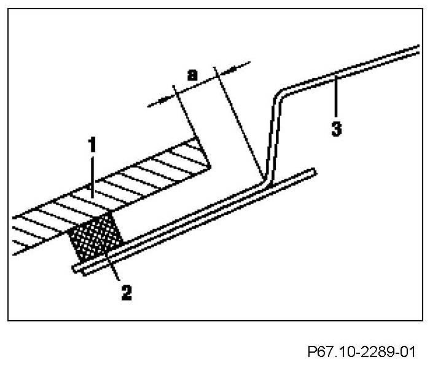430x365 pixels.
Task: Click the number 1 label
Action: click(92, 146)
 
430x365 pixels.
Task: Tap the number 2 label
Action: click(126, 292)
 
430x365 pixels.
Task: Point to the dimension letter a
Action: click(192, 75)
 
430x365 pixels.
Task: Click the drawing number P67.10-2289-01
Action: click(361, 352)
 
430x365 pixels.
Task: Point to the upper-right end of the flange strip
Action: click(313, 172)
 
